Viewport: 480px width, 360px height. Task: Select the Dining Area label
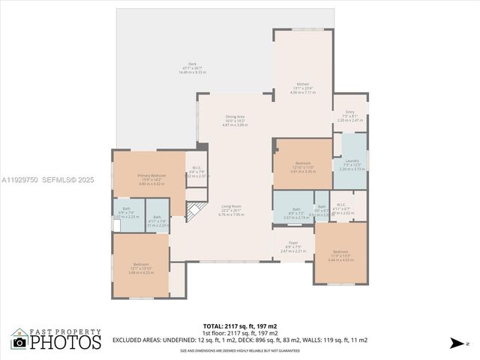click(235, 119)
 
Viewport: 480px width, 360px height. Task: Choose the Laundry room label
click(351, 163)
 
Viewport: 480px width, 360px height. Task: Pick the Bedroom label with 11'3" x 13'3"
click(340, 254)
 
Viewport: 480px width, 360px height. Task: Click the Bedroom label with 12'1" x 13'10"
click(140, 267)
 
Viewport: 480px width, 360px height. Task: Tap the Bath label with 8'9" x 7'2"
click(296, 211)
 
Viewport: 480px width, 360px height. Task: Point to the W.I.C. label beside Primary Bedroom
click(196, 170)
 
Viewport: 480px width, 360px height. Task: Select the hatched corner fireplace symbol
click(195, 212)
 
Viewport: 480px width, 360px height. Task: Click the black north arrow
click(457, 343)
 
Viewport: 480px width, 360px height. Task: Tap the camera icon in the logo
click(19, 343)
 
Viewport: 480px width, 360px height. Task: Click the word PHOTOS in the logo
click(65, 342)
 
